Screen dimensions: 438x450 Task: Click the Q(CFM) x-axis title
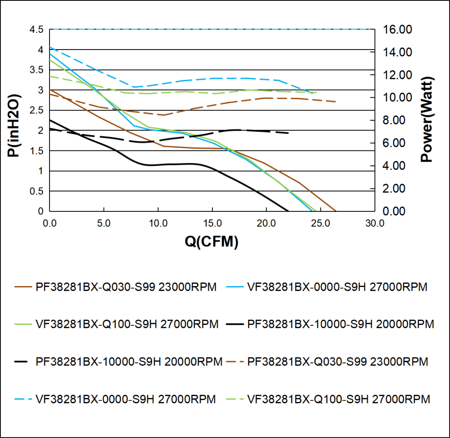point(211,242)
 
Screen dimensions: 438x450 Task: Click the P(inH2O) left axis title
point(14,126)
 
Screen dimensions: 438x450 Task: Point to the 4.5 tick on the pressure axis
point(37,30)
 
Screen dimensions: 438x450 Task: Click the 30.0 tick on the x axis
point(374,223)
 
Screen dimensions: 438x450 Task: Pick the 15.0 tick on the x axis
point(212,223)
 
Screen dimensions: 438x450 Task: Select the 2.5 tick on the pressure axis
point(37,110)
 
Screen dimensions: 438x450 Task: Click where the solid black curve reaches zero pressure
point(288,211)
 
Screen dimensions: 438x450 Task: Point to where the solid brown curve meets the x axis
point(336,211)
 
